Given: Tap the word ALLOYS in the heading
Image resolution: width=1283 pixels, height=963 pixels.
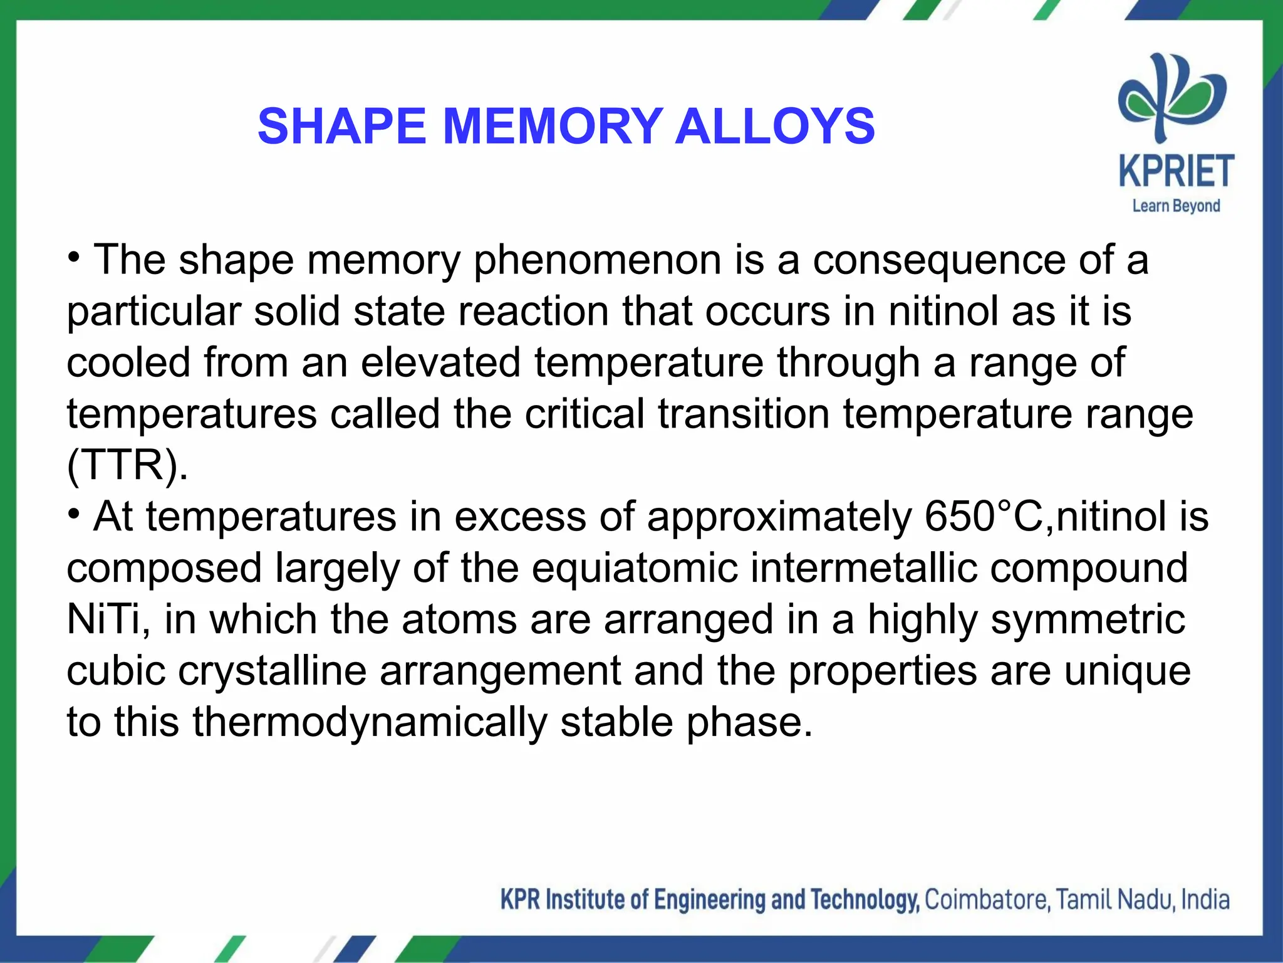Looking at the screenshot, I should click(x=775, y=126).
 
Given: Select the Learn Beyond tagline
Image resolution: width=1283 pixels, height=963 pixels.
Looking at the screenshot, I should click(x=1176, y=206).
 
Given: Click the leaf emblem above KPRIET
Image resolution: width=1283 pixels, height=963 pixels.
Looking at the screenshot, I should click(x=1171, y=97).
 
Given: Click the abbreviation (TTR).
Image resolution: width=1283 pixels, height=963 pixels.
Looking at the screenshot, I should click(x=127, y=465).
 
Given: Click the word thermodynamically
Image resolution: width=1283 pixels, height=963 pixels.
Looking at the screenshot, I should click(x=370, y=722).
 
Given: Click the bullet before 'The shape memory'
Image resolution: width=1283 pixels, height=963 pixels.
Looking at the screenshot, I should click(x=75, y=258).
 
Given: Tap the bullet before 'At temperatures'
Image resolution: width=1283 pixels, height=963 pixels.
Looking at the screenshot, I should click(x=75, y=515).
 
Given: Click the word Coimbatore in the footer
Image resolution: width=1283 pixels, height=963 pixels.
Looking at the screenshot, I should click(x=985, y=900).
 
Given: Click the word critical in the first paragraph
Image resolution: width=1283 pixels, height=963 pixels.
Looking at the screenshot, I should click(x=584, y=414).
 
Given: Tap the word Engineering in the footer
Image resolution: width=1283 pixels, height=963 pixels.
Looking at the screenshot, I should click(x=710, y=900).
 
